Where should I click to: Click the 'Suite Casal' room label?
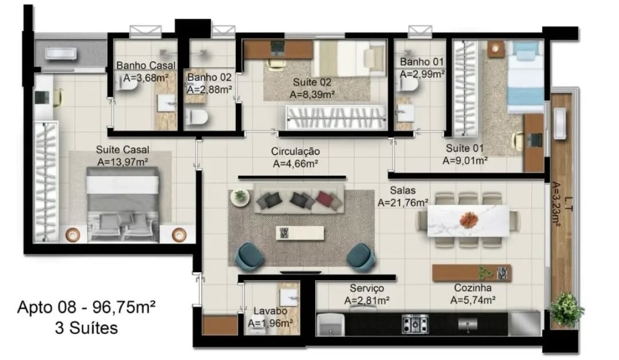pos(123,150)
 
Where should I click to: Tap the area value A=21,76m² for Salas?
pos(402,203)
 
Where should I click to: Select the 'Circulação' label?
pos(296,152)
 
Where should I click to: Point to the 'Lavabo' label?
pos(270,311)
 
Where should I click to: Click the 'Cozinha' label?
pos(472,288)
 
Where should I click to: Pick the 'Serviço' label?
pos(366,288)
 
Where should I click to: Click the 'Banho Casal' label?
pos(145,66)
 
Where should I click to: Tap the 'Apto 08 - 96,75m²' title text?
pos(87,308)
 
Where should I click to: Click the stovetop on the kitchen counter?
pos(415,324)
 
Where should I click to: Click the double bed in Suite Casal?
pos(123,201)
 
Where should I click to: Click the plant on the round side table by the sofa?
pos(240,197)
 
